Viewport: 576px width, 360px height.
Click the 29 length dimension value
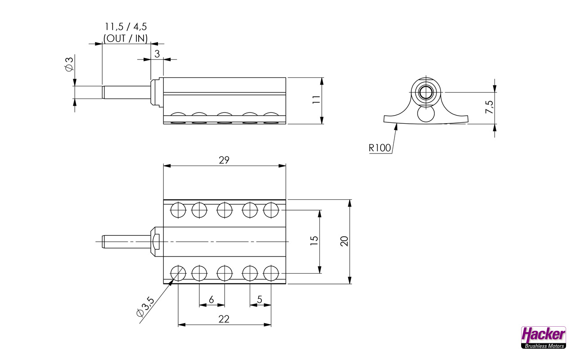[x=224, y=160]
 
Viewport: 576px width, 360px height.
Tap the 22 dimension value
[x=224, y=319]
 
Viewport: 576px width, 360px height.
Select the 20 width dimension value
[x=344, y=241]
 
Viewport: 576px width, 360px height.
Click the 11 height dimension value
[x=316, y=100]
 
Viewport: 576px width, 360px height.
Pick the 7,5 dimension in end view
[x=489, y=107]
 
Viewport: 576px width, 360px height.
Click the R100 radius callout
[x=380, y=148]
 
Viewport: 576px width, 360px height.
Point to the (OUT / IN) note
[x=126, y=39]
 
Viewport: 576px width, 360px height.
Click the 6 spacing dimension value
[x=211, y=300]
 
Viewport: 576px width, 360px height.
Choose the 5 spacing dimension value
[x=260, y=300]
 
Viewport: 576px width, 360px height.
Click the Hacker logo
[x=543, y=334]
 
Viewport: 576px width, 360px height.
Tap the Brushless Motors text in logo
[x=543, y=346]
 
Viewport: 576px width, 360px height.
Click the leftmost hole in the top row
[x=178, y=210]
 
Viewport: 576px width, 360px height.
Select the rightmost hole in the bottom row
[x=271, y=273]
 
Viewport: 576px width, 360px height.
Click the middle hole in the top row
[x=225, y=210]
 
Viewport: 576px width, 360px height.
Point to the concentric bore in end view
[x=425, y=93]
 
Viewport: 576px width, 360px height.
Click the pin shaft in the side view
[x=126, y=92]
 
